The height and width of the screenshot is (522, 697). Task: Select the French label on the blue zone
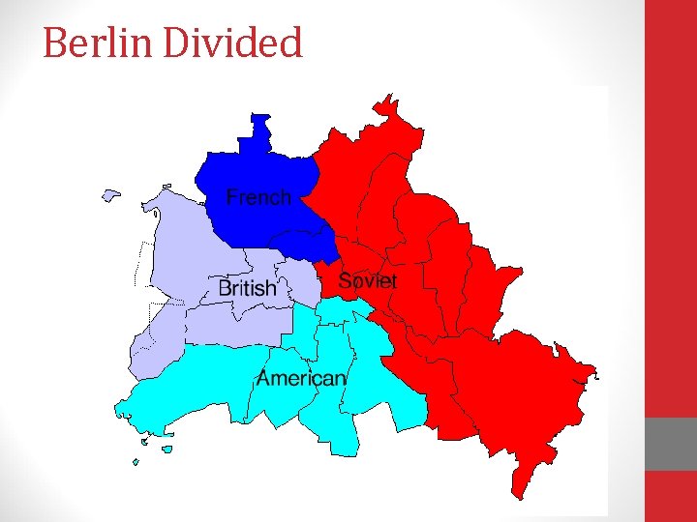click(x=258, y=197)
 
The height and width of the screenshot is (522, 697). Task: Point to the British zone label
click(x=248, y=288)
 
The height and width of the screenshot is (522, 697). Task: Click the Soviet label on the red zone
click(x=367, y=281)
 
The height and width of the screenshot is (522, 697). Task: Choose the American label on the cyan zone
click(x=300, y=378)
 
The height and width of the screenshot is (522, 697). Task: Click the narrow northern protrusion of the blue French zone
click(x=261, y=130)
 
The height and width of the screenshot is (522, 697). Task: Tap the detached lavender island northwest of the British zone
click(x=110, y=195)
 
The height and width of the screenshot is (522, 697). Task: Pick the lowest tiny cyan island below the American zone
click(x=136, y=462)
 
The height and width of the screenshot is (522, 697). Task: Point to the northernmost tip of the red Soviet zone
click(x=388, y=96)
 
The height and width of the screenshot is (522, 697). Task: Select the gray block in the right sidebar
click(x=671, y=444)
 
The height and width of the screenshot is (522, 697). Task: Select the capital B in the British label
click(x=225, y=288)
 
